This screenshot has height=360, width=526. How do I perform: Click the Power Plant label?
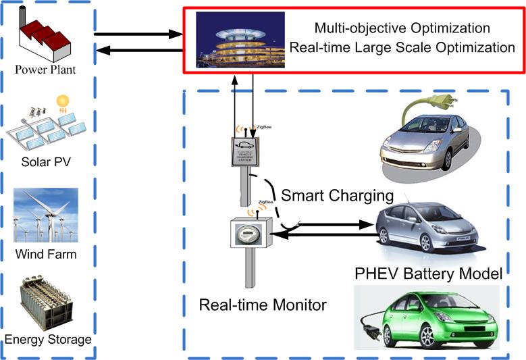pyautogui.click(x=46, y=69)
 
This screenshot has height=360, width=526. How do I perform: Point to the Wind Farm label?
pyautogui.click(x=45, y=255)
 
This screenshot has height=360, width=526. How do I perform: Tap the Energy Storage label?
pyautogui.click(x=48, y=339)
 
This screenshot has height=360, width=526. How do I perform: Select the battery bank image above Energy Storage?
pyautogui.click(x=47, y=301)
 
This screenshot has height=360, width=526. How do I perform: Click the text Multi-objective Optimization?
pyautogui.click(x=402, y=29)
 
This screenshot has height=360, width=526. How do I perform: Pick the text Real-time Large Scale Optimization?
pyautogui.click(x=402, y=48)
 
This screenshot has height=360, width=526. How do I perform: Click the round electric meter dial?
pyautogui.click(x=246, y=236)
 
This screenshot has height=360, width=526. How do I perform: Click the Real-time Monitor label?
pyautogui.click(x=263, y=305)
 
